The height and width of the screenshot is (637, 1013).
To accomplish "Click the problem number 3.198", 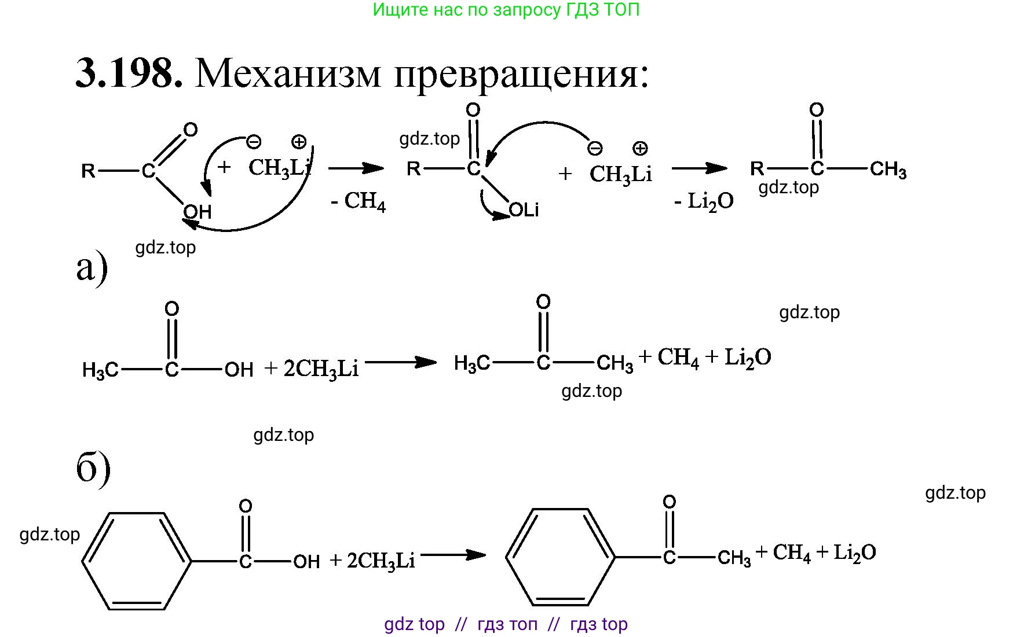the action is click(129, 73).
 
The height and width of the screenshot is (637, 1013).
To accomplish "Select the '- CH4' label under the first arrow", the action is click(358, 201).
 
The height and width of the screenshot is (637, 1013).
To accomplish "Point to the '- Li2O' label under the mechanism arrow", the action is click(704, 201).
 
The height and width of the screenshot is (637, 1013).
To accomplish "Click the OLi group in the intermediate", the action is click(524, 210).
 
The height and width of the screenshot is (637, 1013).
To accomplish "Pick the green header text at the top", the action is click(506, 10).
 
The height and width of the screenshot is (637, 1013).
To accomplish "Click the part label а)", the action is click(92, 267).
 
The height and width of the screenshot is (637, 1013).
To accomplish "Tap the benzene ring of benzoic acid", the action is click(137, 561).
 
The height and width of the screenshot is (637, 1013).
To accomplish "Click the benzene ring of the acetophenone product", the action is click(561, 557).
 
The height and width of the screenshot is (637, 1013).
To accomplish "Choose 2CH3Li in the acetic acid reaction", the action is click(321, 369).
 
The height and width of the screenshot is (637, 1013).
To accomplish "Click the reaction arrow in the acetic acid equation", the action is click(401, 363).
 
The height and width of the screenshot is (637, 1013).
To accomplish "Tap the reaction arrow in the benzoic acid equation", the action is click(453, 555).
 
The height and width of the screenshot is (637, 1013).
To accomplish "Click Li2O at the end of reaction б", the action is click(854, 553).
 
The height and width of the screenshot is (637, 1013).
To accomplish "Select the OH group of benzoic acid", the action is click(306, 561).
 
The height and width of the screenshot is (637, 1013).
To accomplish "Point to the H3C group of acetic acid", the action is click(100, 369).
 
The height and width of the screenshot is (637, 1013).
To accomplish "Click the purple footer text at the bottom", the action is click(506, 624).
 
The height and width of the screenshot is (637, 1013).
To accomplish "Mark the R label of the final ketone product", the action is click(757, 168).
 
